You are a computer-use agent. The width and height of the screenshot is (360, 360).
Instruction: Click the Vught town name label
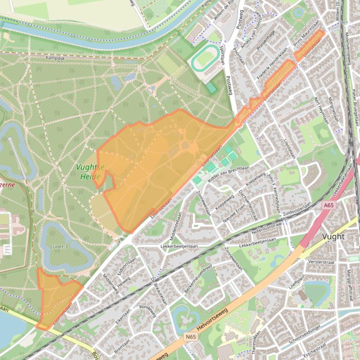click(334, 236)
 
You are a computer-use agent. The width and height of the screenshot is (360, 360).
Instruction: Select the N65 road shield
click(191, 336)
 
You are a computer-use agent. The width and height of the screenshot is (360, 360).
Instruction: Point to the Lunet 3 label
click(59, 246)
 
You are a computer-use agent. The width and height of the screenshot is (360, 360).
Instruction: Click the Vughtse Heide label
click(90, 172)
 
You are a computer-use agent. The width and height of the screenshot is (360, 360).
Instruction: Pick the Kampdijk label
click(55, 58)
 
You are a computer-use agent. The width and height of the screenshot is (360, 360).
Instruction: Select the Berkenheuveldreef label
click(198, 279)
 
